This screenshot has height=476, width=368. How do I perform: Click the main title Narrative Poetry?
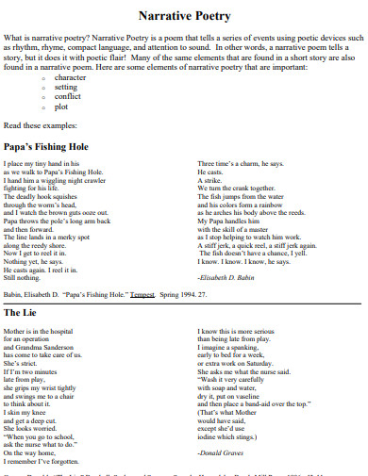[184, 16]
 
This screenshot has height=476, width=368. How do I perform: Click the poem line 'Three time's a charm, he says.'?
[240, 164]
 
